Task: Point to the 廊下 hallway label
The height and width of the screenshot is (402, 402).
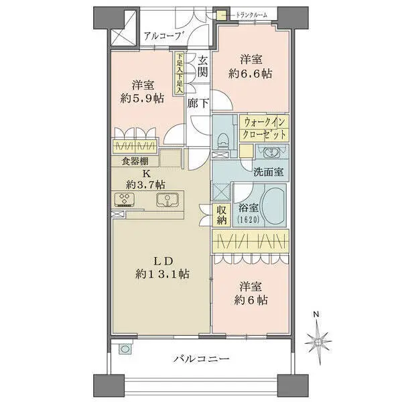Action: click(198, 105)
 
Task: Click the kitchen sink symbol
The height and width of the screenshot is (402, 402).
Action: click(167, 199)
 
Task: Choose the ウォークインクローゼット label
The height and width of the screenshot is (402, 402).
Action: click(265, 127)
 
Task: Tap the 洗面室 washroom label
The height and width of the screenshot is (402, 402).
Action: click(268, 171)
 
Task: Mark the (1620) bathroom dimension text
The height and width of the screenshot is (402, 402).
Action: click(246, 219)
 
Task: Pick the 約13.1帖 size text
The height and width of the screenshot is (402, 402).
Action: click(161, 274)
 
